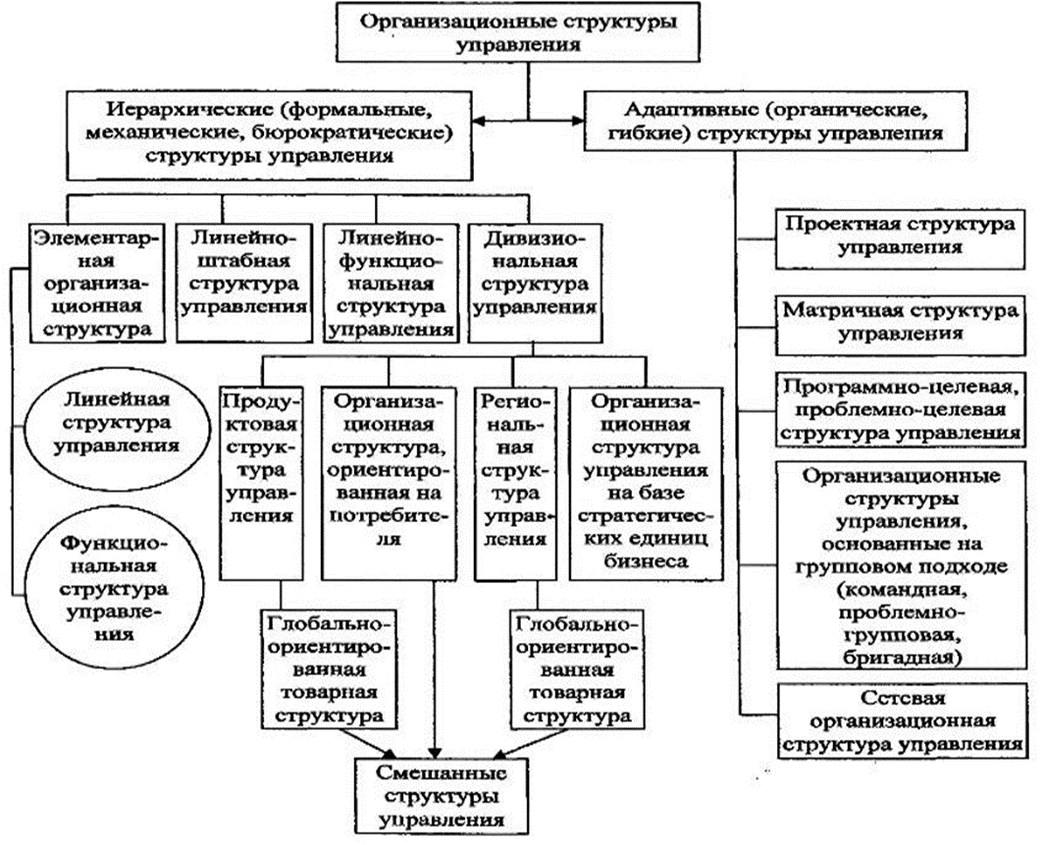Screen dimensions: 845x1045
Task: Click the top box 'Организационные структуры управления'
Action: pyautogui.click(x=530, y=32)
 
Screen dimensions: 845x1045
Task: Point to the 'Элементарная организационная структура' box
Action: pyautogui.click(x=95, y=282)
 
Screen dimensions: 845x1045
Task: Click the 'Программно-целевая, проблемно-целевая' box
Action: pyautogui.click(x=899, y=407)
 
